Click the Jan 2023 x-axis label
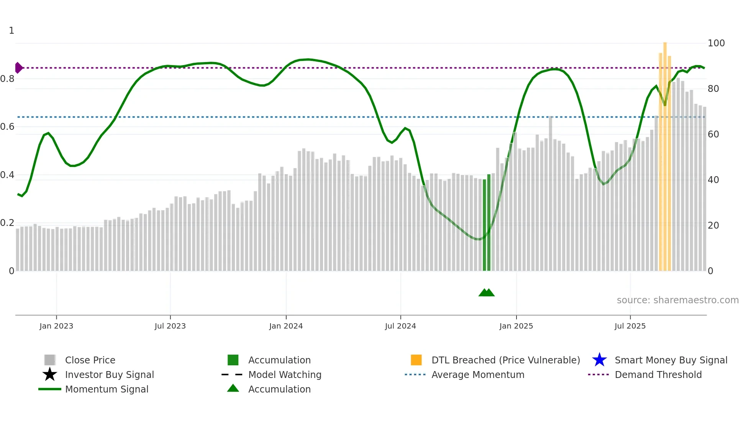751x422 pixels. coord(56,326)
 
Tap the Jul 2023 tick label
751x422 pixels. coord(170,326)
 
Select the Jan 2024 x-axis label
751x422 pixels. coord(286,326)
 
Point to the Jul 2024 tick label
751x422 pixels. coord(400,326)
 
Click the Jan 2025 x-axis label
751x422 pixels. coord(516,326)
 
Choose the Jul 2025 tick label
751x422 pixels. coord(630,326)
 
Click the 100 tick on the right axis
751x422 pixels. coord(716,43)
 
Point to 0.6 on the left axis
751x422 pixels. coord(7,127)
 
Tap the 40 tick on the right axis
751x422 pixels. coord(713,180)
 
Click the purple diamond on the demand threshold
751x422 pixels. coord(18,68)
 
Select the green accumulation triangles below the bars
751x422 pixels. coord(487,293)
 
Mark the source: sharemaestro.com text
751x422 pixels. coord(677,300)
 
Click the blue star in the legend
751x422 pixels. coord(599,360)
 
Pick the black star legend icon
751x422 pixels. coord(50,375)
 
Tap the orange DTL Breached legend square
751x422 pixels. coord(416,360)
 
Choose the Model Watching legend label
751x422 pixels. coord(285,375)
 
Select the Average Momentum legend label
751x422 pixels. coord(478,375)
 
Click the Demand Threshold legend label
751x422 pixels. coord(658,375)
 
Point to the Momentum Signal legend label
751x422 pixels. coord(107,389)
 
